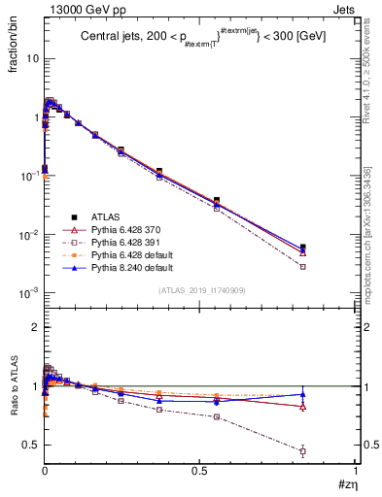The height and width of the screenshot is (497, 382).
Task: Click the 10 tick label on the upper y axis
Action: [x=30, y=59]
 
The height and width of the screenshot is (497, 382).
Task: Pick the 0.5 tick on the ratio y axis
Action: [x=30, y=445]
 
